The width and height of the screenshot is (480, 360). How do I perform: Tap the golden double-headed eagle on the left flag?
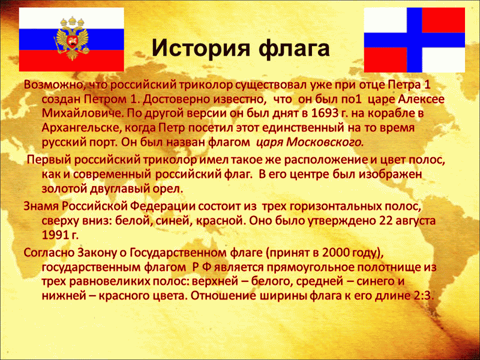71,38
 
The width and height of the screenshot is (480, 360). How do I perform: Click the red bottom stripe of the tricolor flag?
71,61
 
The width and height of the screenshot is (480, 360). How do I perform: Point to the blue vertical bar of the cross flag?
414,40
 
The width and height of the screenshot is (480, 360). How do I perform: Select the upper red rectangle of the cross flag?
443,20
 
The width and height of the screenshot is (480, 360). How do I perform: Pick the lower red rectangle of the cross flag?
385,59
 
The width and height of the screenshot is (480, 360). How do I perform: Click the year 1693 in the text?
323,113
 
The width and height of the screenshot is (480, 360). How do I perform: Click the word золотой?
64,189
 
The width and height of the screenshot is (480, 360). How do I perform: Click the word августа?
413,221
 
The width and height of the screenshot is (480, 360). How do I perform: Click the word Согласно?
49,253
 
